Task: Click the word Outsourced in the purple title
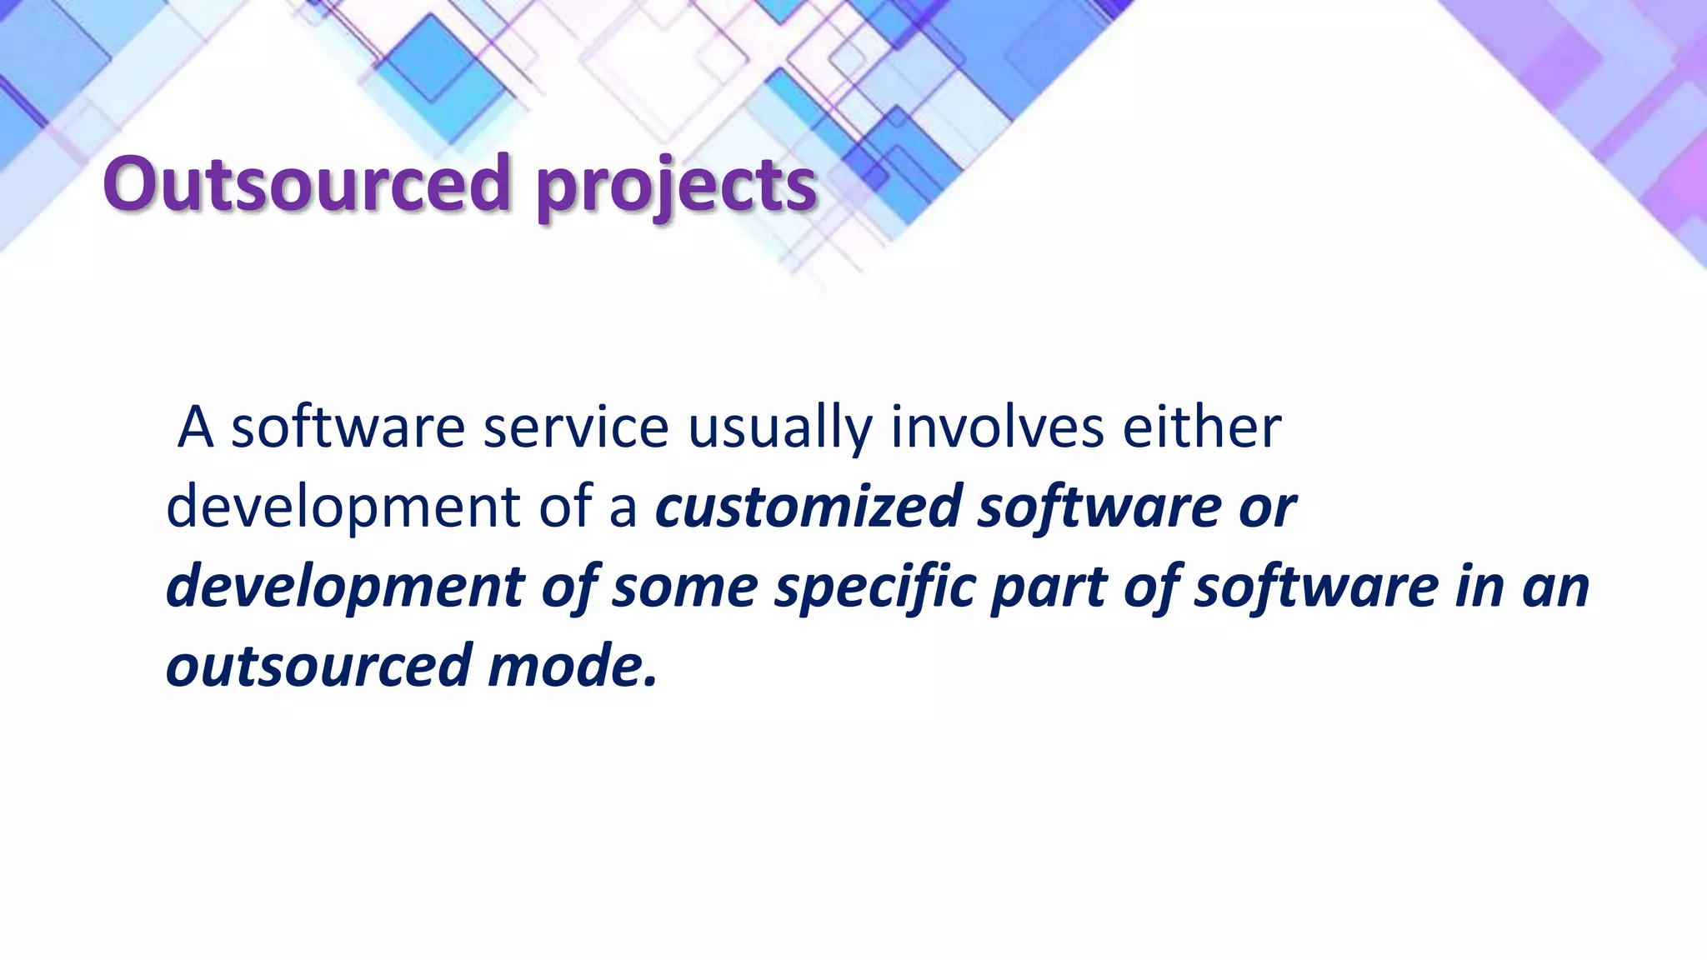(306, 183)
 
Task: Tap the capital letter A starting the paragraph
(196, 427)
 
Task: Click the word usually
(779, 428)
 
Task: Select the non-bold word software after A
(347, 427)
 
